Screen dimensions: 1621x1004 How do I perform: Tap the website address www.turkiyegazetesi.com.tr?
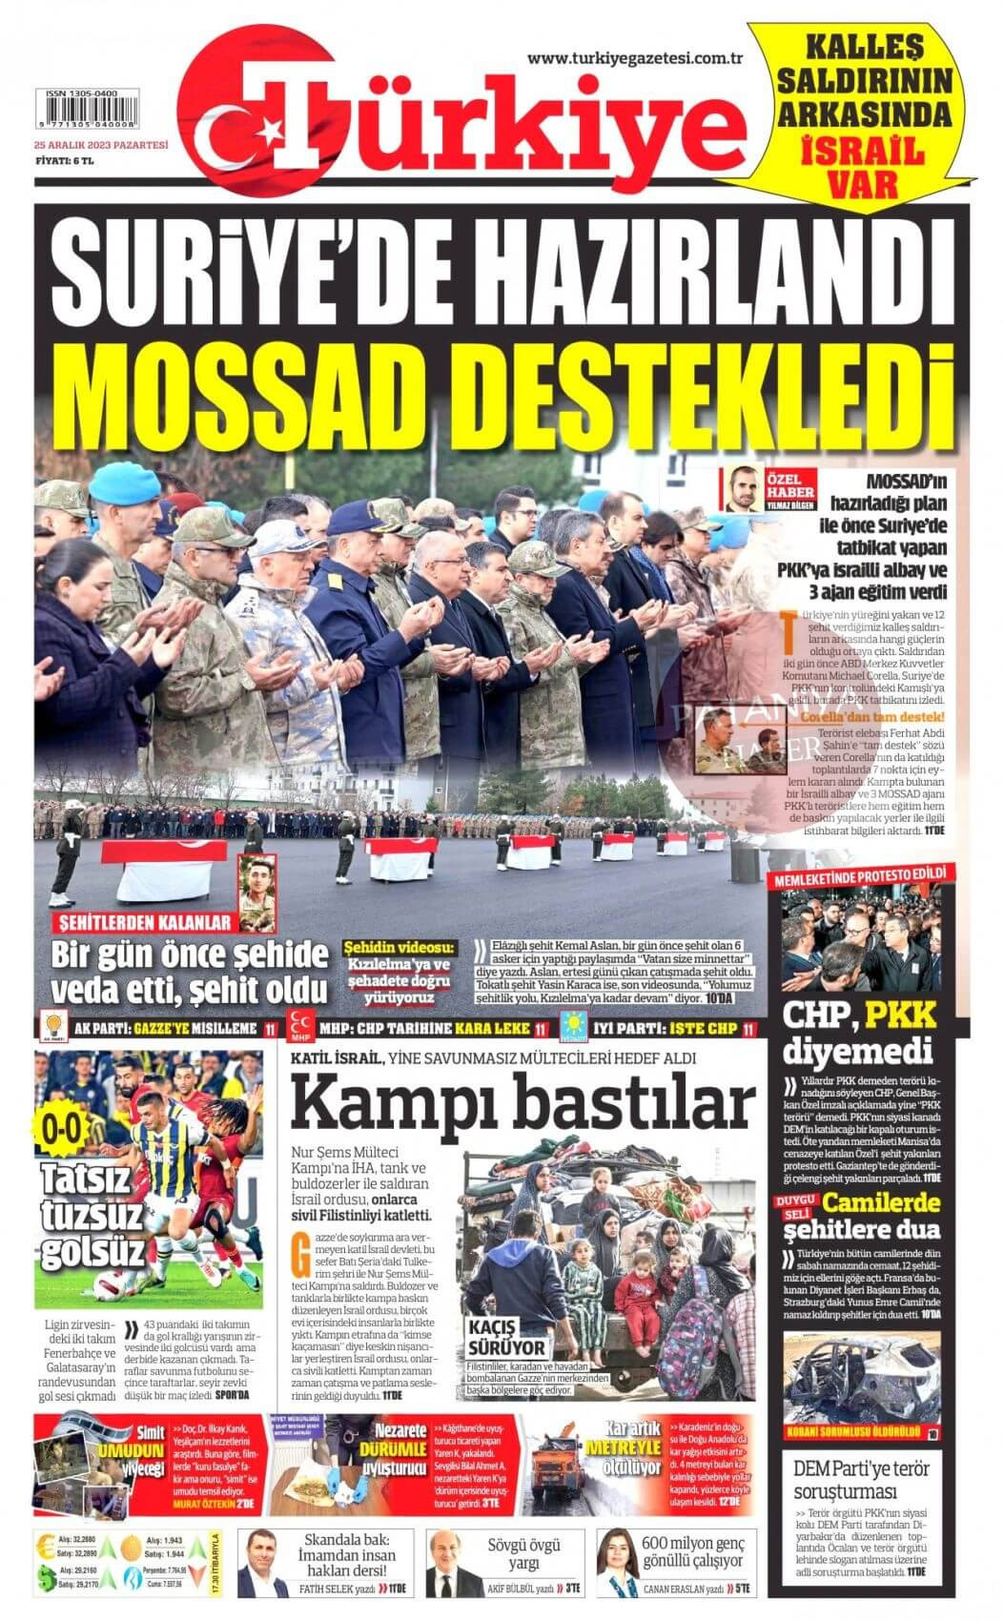tap(635, 59)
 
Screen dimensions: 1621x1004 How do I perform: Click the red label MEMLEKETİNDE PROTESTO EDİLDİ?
tap(862, 874)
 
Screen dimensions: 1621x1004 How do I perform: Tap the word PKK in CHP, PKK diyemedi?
tap(900, 1016)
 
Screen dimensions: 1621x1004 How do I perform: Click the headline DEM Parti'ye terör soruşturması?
tap(862, 1478)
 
